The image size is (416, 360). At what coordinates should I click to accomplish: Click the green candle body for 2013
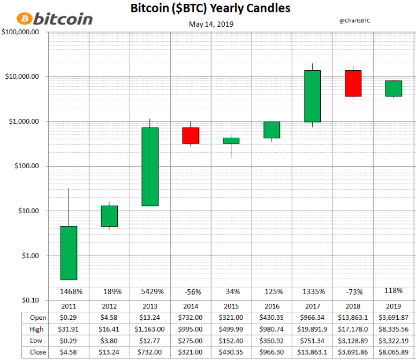(150, 167)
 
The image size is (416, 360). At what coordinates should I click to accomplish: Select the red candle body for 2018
(353, 83)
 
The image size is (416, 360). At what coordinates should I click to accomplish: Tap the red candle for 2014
(191, 136)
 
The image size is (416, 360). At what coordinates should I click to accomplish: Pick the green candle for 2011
(69, 253)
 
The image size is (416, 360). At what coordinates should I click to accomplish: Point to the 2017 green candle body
(312, 96)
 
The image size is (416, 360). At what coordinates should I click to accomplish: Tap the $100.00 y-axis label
(24, 166)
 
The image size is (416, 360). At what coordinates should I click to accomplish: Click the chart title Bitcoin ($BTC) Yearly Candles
(210, 9)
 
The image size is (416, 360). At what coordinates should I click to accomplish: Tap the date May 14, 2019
(211, 24)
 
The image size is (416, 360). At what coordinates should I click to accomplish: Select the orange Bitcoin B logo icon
(24, 19)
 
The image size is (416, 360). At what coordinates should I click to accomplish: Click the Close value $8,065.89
(394, 352)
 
